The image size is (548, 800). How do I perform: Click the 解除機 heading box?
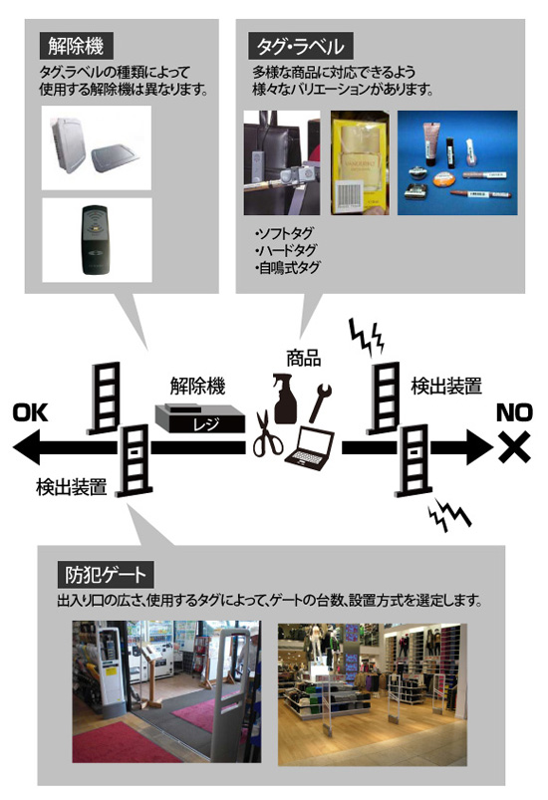pyautogui.click(x=76, y=47)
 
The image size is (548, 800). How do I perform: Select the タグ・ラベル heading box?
pyautogui.click(x=301, y=47)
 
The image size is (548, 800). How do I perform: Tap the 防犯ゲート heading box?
pyautogui.click(x=106, y=575)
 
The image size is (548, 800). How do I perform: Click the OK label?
pyautogui.click(x=31, y=412)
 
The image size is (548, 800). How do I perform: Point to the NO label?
pyautogui.click(x=514, y=412)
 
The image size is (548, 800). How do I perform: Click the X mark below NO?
pyautogui.click(x=514, y=447)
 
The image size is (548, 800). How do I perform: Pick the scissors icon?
pyautogui.click(x=267, y=433)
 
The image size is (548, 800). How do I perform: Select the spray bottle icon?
pyautogui.click(x=285, y=399)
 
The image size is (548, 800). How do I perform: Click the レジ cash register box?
pyautogui.click(x=200, y=418)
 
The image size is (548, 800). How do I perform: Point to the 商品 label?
pyautogui.click(x=304, y=359)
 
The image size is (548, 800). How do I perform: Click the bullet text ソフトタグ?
pyautogui.click(x=284, y=234)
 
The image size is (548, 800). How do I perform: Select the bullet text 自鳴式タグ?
pyautogui.click(x=288, y=267)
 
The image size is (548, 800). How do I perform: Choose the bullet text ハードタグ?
pyautogui.click(x=286, y=250)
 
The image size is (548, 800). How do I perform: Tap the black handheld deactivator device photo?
pyautogui.click(x=96, y=239)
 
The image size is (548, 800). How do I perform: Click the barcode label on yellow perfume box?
pyautogui.click(x=348, y=197)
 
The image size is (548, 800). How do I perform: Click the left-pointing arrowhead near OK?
pyautogui.click(x=27, y=447)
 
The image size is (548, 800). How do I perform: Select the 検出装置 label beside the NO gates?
pyautogui.click(x=446, y=387)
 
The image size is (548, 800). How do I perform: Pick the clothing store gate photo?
pyautogui.click(x=372, y=694)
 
